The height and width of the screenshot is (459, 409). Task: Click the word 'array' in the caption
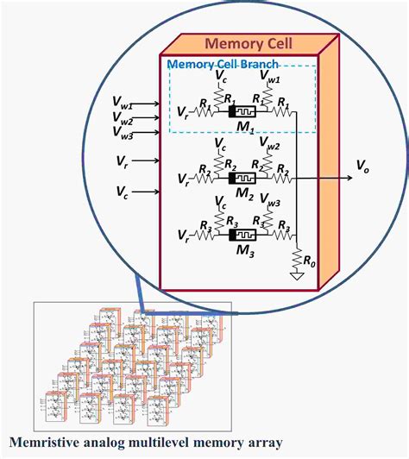261,443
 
